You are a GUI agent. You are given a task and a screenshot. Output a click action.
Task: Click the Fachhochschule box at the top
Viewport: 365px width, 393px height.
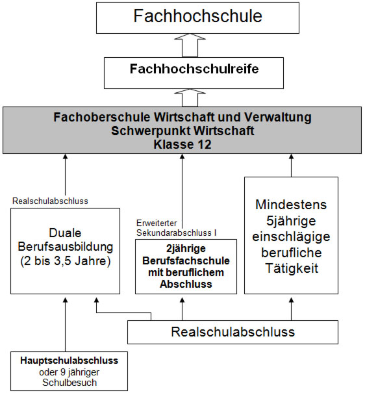point(197,18)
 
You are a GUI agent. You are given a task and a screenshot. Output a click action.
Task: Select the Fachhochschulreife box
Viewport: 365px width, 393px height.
point(194,73)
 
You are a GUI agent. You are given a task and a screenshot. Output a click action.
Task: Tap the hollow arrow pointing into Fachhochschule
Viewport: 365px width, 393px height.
point(190,45)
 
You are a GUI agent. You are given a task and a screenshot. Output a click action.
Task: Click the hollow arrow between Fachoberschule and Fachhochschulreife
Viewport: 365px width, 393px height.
point(190,97)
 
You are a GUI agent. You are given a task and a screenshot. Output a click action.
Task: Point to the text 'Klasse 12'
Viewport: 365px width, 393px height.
point(182,145)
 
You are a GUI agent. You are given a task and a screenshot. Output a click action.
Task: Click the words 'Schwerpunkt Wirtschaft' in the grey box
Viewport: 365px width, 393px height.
point(182,131)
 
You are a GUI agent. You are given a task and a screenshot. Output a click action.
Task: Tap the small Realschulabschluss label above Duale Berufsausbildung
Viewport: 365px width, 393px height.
point(50,201)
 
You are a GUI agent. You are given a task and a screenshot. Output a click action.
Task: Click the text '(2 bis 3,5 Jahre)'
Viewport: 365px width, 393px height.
point(66,261)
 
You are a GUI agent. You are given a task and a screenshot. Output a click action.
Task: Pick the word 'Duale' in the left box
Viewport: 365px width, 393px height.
point(65,233)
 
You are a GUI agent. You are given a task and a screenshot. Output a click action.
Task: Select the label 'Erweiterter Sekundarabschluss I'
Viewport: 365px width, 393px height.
point(176,228)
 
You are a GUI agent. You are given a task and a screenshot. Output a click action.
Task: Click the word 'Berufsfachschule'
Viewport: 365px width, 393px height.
point(186,260)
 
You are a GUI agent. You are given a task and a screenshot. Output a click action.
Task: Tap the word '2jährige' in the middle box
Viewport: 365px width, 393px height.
point(186,249)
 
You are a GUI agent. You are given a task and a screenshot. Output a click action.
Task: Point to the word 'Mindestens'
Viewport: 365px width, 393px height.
point(291,205)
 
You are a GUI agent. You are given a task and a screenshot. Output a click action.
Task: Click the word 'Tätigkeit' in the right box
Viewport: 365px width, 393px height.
point(292,268)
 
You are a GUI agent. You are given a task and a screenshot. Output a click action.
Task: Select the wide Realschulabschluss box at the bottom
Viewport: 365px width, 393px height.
point(233,332)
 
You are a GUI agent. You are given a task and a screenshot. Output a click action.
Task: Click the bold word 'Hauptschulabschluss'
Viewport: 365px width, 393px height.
point(69,361)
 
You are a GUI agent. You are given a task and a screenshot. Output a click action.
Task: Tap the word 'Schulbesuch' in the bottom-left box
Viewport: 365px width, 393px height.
point(69,383)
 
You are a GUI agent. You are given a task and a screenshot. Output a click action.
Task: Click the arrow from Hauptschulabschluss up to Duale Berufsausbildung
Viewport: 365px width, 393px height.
point(66,325)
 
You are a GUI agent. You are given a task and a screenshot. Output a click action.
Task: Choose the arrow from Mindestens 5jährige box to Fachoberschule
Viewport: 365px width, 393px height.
point(291,166)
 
